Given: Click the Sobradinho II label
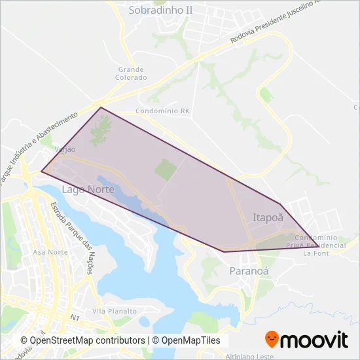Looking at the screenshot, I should [161, 10].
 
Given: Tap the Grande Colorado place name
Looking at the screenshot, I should [132, 73].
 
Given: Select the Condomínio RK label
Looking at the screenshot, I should [162, 112].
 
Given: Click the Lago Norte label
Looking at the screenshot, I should [88, 189].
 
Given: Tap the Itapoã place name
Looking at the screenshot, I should [268, 216].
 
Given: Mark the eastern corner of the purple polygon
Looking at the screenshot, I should [319, 247].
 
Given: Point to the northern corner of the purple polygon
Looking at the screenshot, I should [100, 107].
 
